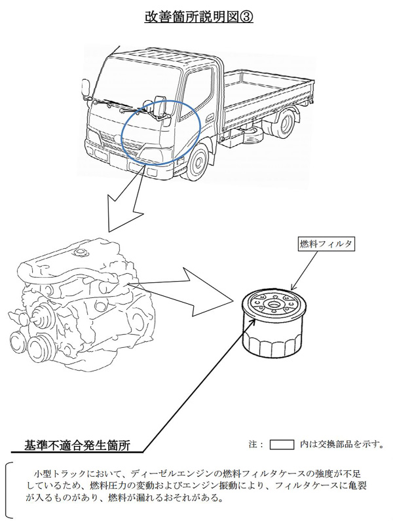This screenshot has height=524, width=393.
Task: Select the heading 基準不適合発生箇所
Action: click(x=77, y=445)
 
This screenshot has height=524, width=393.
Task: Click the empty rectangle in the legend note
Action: click(x=282, y=444)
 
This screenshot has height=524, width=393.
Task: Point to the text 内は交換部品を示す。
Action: click(x=342, y=444)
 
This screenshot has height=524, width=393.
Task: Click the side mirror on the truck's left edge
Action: click(x=84, y=89)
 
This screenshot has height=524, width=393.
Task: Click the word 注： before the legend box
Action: click(x=256, y=444)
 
